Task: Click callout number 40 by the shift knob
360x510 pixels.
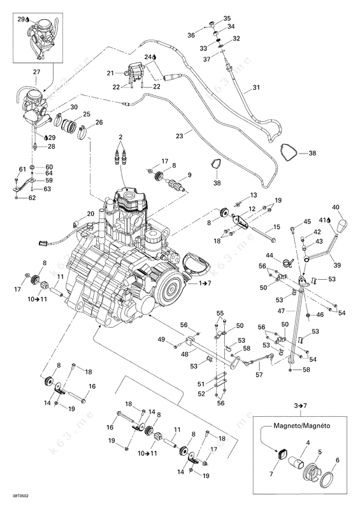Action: point(336,207)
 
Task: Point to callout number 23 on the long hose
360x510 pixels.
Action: point(179,136)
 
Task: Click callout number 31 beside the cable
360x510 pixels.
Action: point(256,87)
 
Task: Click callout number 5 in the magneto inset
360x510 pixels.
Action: point(320,452)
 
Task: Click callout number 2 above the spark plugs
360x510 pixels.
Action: point(120,136)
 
